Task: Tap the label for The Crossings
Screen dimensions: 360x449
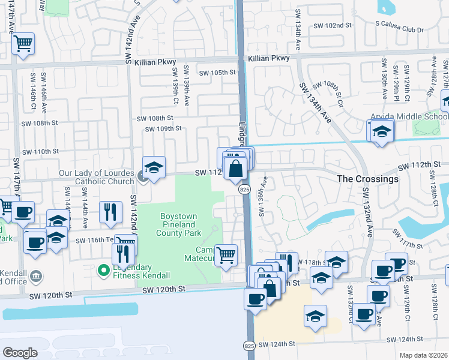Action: [367, 179]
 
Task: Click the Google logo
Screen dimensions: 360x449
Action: [20, 352]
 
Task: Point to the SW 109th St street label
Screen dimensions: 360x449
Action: [163, 128]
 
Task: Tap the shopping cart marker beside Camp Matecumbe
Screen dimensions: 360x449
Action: [226, 255]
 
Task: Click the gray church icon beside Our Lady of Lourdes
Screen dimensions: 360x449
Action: [142, 176]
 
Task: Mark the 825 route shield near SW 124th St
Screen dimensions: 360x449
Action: [249, 346]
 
